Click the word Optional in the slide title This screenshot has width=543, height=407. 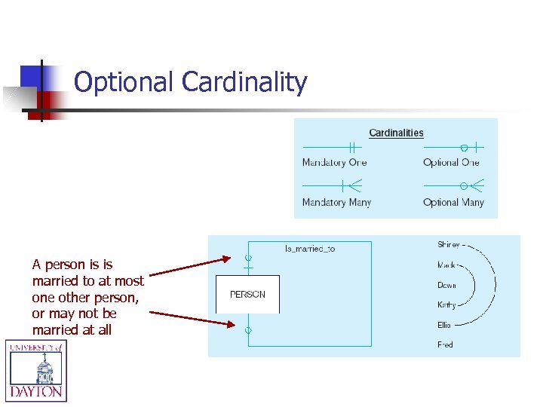(x=125, y=82)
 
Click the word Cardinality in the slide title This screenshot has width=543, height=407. (x=245, y=82)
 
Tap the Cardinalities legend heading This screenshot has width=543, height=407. (x=396, y=133)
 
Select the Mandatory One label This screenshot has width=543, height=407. (x=334, y=163)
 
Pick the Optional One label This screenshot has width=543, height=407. (x=451, y=163)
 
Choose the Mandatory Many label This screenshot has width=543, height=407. (x=336, y=202)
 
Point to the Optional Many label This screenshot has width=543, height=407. (x=453, y=202)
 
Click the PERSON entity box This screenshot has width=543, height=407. (x=247, y=295)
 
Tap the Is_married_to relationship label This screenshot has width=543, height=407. (x=309, y=249)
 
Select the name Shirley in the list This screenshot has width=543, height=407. (x=449, y=245)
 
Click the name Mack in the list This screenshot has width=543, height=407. (x=446, y=265)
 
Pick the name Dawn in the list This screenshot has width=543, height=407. (x=446, y=286)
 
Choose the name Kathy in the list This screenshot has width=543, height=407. (x=446, y=305)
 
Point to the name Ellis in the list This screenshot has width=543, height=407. (x=444, y=326)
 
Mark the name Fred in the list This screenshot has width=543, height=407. (x=445, y=345)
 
